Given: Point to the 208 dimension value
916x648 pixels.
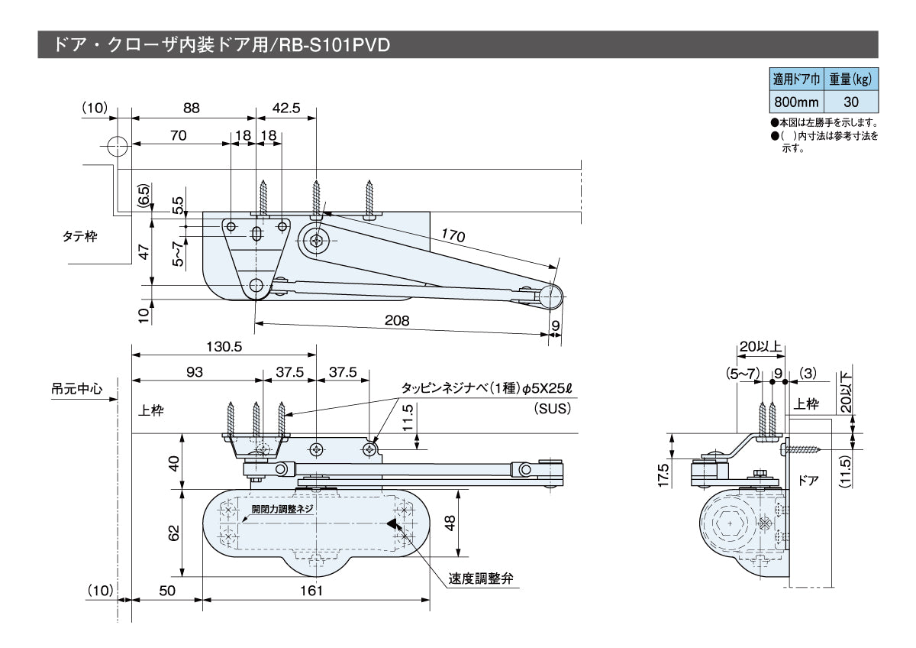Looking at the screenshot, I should [x=397, y=321].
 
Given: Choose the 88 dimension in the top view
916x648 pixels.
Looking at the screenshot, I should [x=192, y=108].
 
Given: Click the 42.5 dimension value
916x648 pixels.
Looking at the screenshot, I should [x=285, y=108].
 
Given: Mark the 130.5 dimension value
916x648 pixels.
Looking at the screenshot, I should [x=224, y=345].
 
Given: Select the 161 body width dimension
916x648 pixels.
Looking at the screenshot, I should [x=311, y=590].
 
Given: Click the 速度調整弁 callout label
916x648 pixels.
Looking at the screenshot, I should [x=479, y=579].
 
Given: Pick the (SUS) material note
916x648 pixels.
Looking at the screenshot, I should [x=553, y=409].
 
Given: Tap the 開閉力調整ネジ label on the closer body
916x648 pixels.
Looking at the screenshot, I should [x=282, y=509].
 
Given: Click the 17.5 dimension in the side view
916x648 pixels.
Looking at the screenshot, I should [x=663, y=474].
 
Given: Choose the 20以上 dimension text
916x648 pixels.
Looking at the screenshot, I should [x=760, y=346].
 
